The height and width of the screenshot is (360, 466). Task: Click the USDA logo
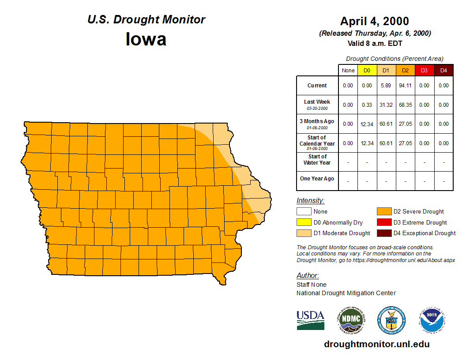click(310, 320)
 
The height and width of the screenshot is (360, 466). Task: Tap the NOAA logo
click(432, 320)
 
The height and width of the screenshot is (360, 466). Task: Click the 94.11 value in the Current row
click(405, 86)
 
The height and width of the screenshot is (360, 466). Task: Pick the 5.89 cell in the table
click(386, 86)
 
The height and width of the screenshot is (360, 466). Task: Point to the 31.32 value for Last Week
click(386, 105)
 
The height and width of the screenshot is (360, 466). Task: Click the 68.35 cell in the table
click(405, 105)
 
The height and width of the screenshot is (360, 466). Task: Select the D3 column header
click(424, 70)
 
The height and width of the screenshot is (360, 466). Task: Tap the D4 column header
click(443, 70)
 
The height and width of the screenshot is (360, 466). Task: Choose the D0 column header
click(367, 70)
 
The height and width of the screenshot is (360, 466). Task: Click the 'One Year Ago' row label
click(317, 179)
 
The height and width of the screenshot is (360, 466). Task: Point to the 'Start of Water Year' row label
click(317, 160)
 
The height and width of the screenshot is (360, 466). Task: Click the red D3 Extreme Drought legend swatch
click(384, 222)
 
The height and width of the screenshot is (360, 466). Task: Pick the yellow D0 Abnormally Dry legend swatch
click(304, 222)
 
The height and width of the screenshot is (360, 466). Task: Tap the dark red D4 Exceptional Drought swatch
click(384, 233)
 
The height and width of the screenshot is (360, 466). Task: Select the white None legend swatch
click(304, 212)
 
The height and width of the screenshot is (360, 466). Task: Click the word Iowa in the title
click(146, 39)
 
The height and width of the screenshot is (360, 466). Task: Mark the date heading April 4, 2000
click(375, 21)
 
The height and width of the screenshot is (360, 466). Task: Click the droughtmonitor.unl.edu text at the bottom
click(376, 344)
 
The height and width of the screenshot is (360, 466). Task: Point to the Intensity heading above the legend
click(310, 201)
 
